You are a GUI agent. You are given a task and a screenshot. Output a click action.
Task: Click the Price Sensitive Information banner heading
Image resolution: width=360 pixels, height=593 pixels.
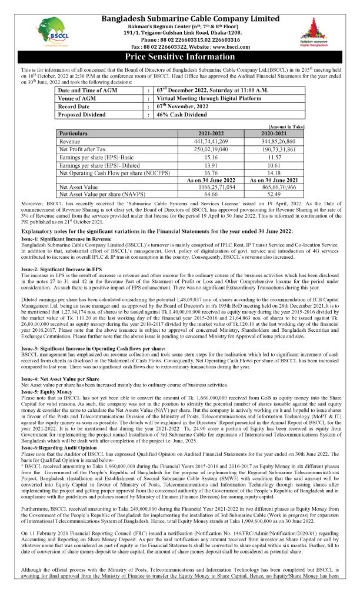pos(181,57)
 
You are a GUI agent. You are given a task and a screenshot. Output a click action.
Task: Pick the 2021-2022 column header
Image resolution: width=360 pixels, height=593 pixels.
pos(210,134)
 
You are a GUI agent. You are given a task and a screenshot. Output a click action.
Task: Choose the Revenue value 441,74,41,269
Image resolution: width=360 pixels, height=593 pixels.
pos(211,142)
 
